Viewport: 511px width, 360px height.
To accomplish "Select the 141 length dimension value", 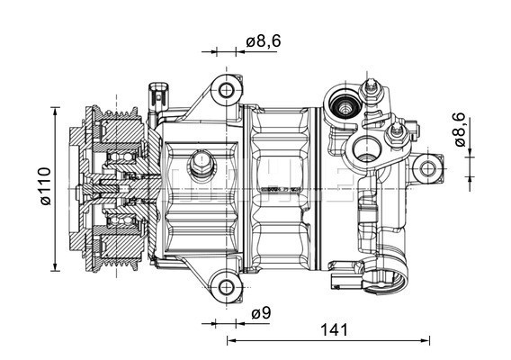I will (x=333, y=330).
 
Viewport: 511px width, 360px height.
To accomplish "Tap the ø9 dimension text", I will (x=261, y=313).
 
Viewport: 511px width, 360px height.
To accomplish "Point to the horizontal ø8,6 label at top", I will (x=263, y=41).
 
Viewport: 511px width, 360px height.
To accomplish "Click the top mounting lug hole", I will (x=225, y=90).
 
